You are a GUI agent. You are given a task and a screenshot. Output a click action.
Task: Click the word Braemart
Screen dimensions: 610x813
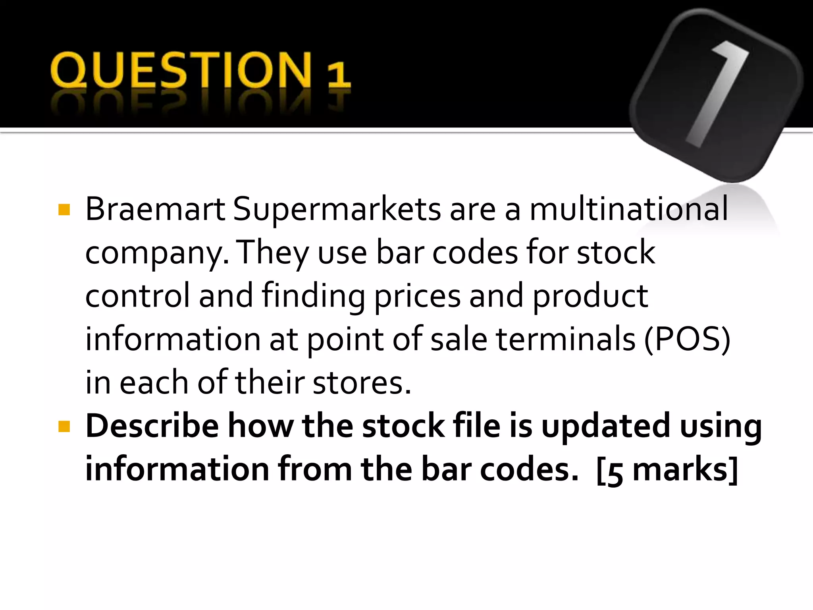155,209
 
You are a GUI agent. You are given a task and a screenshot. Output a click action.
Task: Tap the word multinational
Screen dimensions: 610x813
629,209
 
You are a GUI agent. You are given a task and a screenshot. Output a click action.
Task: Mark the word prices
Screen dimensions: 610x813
417,296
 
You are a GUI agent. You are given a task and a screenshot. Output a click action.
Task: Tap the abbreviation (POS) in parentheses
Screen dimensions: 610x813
687,340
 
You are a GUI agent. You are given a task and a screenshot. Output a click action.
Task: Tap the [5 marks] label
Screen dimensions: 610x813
667,470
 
